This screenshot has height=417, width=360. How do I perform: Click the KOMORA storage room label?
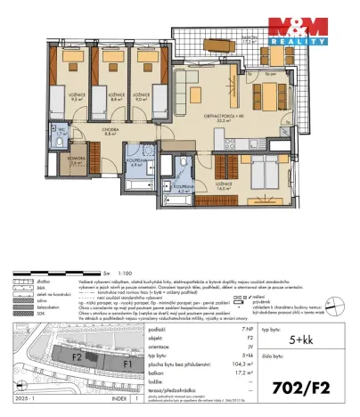tap(53, 161)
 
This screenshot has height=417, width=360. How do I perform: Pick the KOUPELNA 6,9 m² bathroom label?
tap(138, 163)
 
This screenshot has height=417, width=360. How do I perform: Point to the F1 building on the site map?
tap(127, 364)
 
